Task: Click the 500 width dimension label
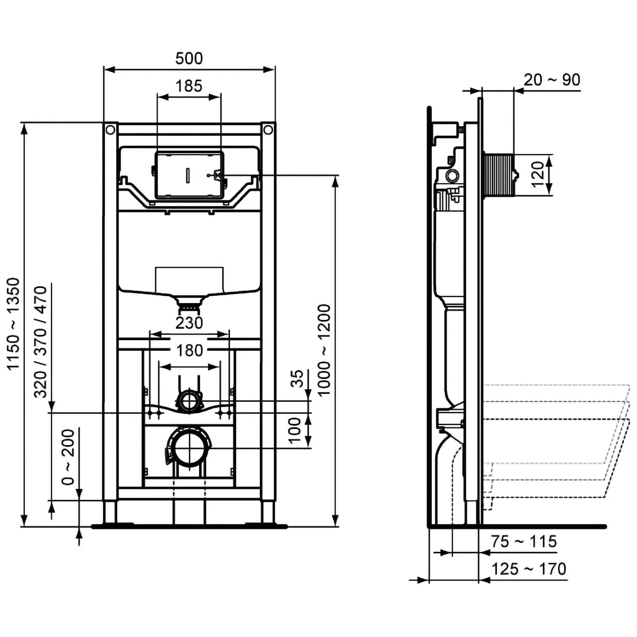click(x=189, y=58)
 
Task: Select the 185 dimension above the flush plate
click(x=189, y=86)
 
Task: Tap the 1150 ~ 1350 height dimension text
click(x=14, y=324)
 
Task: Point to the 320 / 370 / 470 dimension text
click(x=41, y=342)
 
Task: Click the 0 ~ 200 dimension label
click(x=68, y=457)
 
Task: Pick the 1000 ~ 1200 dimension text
click(x=324, y=350)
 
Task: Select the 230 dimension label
click(x=189, y=323)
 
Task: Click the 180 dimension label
click(x=189, y=351)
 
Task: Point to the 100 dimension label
click(x=294, y=430)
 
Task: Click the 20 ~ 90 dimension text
click(x=552, y=80)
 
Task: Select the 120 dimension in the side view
click(x=538, y=174)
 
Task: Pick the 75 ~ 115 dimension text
click(x=524, y=542)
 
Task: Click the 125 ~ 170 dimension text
click(x=529, y=569)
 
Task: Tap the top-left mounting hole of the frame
click(x=110, y=130)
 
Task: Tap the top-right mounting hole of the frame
click(x=268, y=130)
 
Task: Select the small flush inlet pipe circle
click(x=189, y=400)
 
